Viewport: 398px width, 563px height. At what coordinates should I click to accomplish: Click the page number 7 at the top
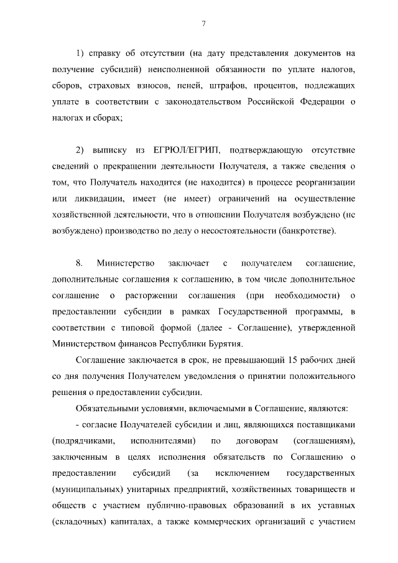click(204, 24)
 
